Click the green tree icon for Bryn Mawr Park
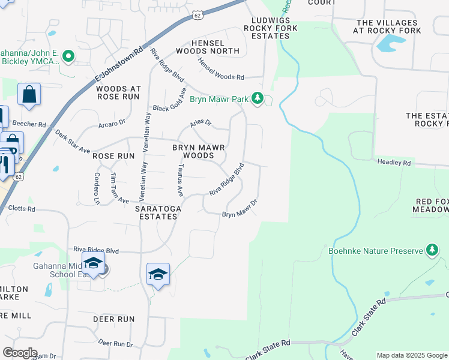(258, 98)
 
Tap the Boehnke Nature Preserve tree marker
(432, 250)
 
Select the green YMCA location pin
(68, 58)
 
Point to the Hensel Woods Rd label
(221, 70)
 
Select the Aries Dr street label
(200, 124)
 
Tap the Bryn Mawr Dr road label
(240, 210)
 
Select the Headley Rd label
(394, 163)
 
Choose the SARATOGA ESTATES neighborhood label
(156, 212)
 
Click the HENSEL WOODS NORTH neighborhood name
(215, 47)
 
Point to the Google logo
(20, 353)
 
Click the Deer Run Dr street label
(115, 344)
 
